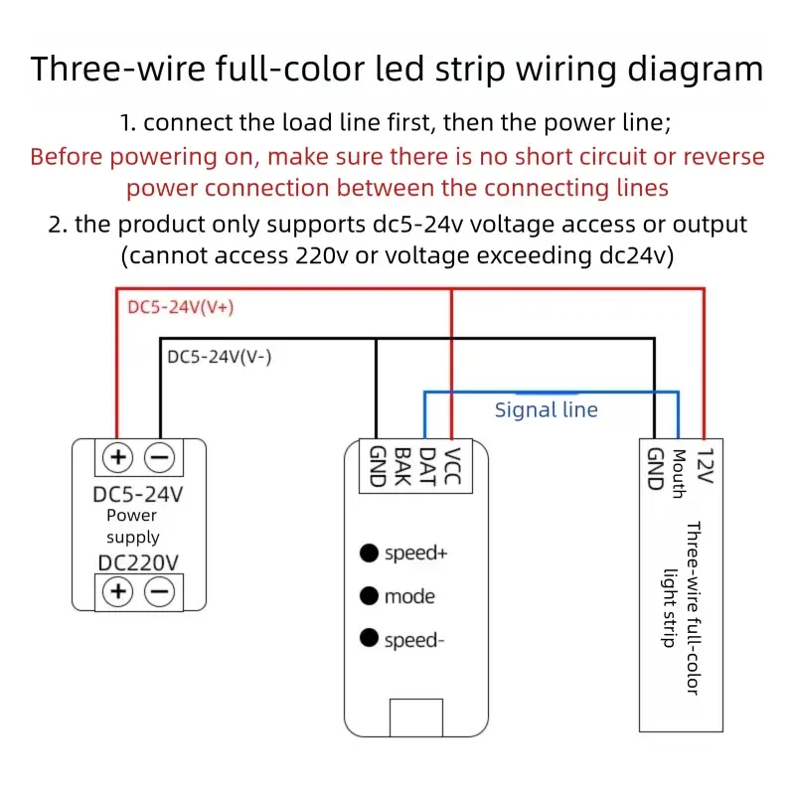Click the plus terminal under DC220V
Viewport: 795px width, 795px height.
pyautogui.click(x=118, y=591)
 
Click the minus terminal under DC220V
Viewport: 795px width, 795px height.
pyautogui.click(x=160, y=591)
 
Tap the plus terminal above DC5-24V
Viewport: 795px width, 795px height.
pyautogui.click(x=118, y=457)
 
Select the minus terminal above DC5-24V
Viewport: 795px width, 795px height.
pyautogui.click(x=160, y=457)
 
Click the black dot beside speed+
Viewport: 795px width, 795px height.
pyautogui.click(x=369, y=553)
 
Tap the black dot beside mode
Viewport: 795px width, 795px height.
pyautogui.click(x=369, y=595)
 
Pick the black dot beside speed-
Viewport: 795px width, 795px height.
pyautogui.click(x=369, y=638)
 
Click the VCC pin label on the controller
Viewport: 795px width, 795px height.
pyautogui.click(x=452, y=466)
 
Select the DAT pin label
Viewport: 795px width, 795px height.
pyautogui.click(x=427, y=466)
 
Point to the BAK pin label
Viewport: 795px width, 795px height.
pyautogui.click(x=402, y=466)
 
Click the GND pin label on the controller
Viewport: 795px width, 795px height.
pyautogui.click(x=378, y=466)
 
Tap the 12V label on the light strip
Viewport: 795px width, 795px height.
pyautogui.click(x=706, y=465)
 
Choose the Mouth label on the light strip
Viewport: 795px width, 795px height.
pyautogui.click(x=679, y=474)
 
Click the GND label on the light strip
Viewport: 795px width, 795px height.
pyautogui.click(x=655, y=469)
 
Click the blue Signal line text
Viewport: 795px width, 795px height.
pyautogui.click(x=546, y=409)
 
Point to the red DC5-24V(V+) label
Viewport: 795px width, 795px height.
pyautogui.click(x=181, y=307)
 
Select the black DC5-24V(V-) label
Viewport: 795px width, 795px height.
pyautogui.click(x=219, y=357)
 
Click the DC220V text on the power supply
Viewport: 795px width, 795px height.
pyautogui.click(x=138, y=562)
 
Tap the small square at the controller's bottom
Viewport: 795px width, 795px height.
pyautogui.click(x=416, y=717)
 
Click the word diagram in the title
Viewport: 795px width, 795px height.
pyautogui.click(x=695, y=70)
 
